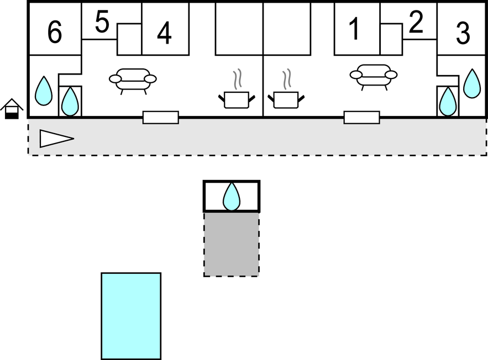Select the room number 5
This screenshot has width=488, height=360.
coord(102,23)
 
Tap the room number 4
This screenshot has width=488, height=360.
coord(164,34)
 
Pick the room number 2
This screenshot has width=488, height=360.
coord(416,23)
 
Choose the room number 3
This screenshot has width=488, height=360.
coord(463,34)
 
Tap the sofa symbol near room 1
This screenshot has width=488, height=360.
coord(373,76)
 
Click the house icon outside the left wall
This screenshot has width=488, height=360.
coord(12,108)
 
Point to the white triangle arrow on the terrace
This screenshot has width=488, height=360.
coord(56,138)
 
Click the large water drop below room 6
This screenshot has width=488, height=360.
coord(44,90)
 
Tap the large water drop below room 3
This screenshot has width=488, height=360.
coord(472,83)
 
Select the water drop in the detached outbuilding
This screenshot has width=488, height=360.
coord(232,197)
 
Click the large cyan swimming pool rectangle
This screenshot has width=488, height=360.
coord(131,315)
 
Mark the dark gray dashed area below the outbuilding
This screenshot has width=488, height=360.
coord(231,243)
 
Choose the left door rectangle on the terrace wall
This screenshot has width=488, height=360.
coord(160,117)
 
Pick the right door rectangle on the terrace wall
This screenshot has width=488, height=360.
coord(361,117)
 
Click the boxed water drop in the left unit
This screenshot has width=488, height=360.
coord(70,101)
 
